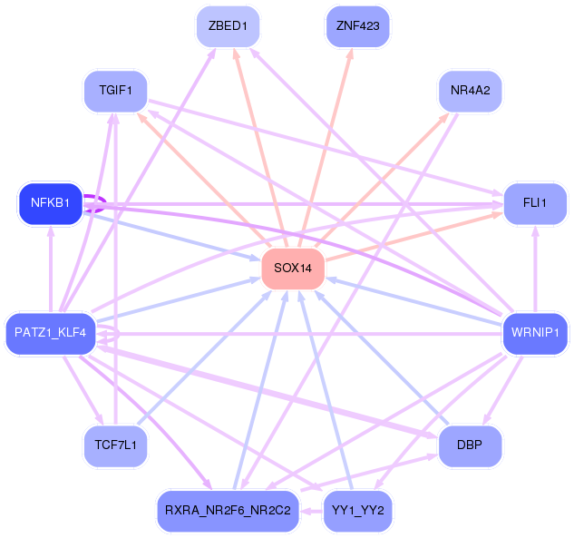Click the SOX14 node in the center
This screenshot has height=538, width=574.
[x=293, y=269]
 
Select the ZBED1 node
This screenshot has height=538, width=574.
[x=229, y=26]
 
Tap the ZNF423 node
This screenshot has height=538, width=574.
[x=357, y=26]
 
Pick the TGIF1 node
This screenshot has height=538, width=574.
[x=116, y=91]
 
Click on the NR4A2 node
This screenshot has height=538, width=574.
[x=470, y=91]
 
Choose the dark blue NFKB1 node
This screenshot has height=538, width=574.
[x=51, y=203]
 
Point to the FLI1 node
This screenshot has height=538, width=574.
[x=535, y=203]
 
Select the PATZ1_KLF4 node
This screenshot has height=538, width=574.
[x=51, y=333]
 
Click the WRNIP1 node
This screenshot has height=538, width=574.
[x=535, y=333]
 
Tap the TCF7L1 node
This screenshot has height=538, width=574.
[x=116, y=445]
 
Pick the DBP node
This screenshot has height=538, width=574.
[x=470, y=445]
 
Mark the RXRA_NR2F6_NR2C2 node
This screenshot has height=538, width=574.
[x=229, y=511]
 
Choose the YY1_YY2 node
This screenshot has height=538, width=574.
[x=357, y=511]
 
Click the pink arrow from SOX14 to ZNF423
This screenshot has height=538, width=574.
[x=325, y=148]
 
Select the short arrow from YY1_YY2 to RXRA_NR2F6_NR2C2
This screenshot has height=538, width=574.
[x=312, y=511]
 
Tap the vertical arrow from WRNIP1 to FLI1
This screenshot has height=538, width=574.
[x=535, y=269]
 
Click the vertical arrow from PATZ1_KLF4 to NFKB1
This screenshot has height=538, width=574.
[x=51, y=269]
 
